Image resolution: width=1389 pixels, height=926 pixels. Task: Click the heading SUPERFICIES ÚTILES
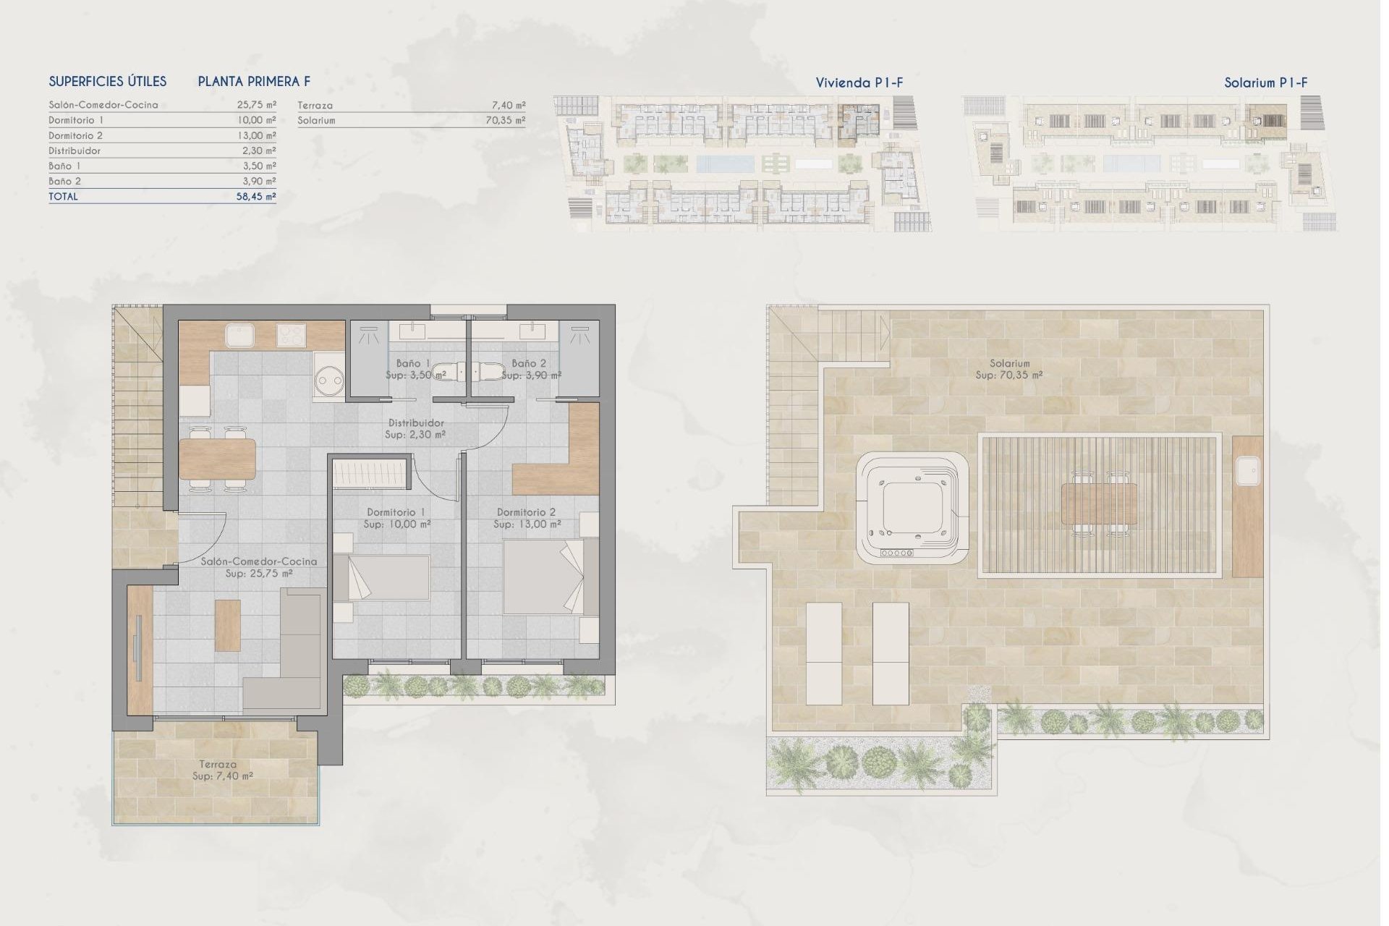(108, 82)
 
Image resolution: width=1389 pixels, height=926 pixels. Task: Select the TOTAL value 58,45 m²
(256, 197)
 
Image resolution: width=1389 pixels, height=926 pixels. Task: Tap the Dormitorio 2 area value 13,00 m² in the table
(256, 136)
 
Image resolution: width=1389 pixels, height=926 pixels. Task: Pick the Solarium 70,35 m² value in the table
(505, 121)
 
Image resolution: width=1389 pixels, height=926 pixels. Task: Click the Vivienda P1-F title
(859, 83)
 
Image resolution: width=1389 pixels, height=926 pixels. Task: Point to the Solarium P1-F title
(1265, 83)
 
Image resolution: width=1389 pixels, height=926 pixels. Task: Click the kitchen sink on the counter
(239, 336)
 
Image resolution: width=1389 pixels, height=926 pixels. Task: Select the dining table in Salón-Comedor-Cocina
(217, 459)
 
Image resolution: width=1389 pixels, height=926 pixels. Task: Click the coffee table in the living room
(228, 625)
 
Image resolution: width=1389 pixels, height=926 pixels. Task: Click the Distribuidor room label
(416, 423)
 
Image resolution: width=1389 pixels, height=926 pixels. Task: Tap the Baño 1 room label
(413, 363)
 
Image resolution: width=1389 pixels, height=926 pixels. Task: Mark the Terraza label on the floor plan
(218, 765)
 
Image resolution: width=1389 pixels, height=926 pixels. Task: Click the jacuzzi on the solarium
(912, 509)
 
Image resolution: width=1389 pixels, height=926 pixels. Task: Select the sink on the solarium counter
(1247, 471)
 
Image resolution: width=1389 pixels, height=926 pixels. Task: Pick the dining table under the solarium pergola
(1099, 504)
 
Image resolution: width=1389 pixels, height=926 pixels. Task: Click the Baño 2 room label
(529, 363)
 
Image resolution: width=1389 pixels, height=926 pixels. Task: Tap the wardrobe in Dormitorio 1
(369, 477)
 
